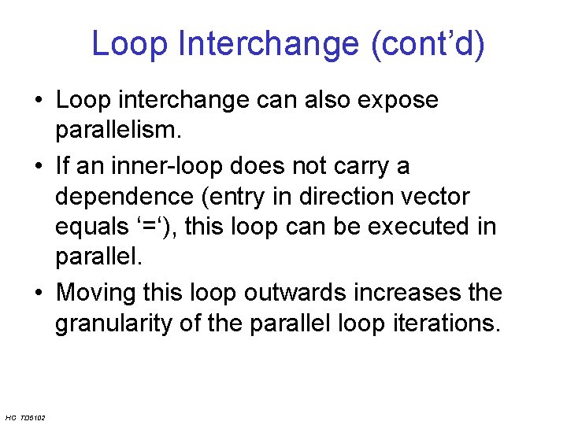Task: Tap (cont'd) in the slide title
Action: [426, 44]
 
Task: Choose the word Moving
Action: [97, 293]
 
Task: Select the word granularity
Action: [117, 323]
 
